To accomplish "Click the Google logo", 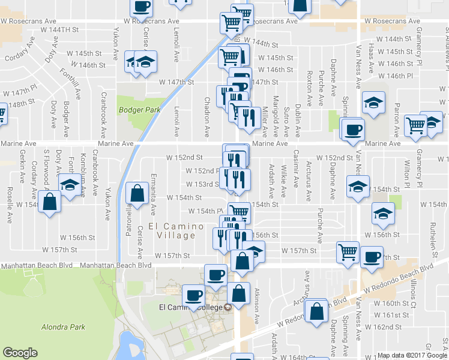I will click(x=20, y=353).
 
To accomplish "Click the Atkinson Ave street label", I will click(x=256, y=307).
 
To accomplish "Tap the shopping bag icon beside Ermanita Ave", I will click(x=137, y=193).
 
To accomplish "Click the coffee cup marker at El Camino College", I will click(x=194, y=295).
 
